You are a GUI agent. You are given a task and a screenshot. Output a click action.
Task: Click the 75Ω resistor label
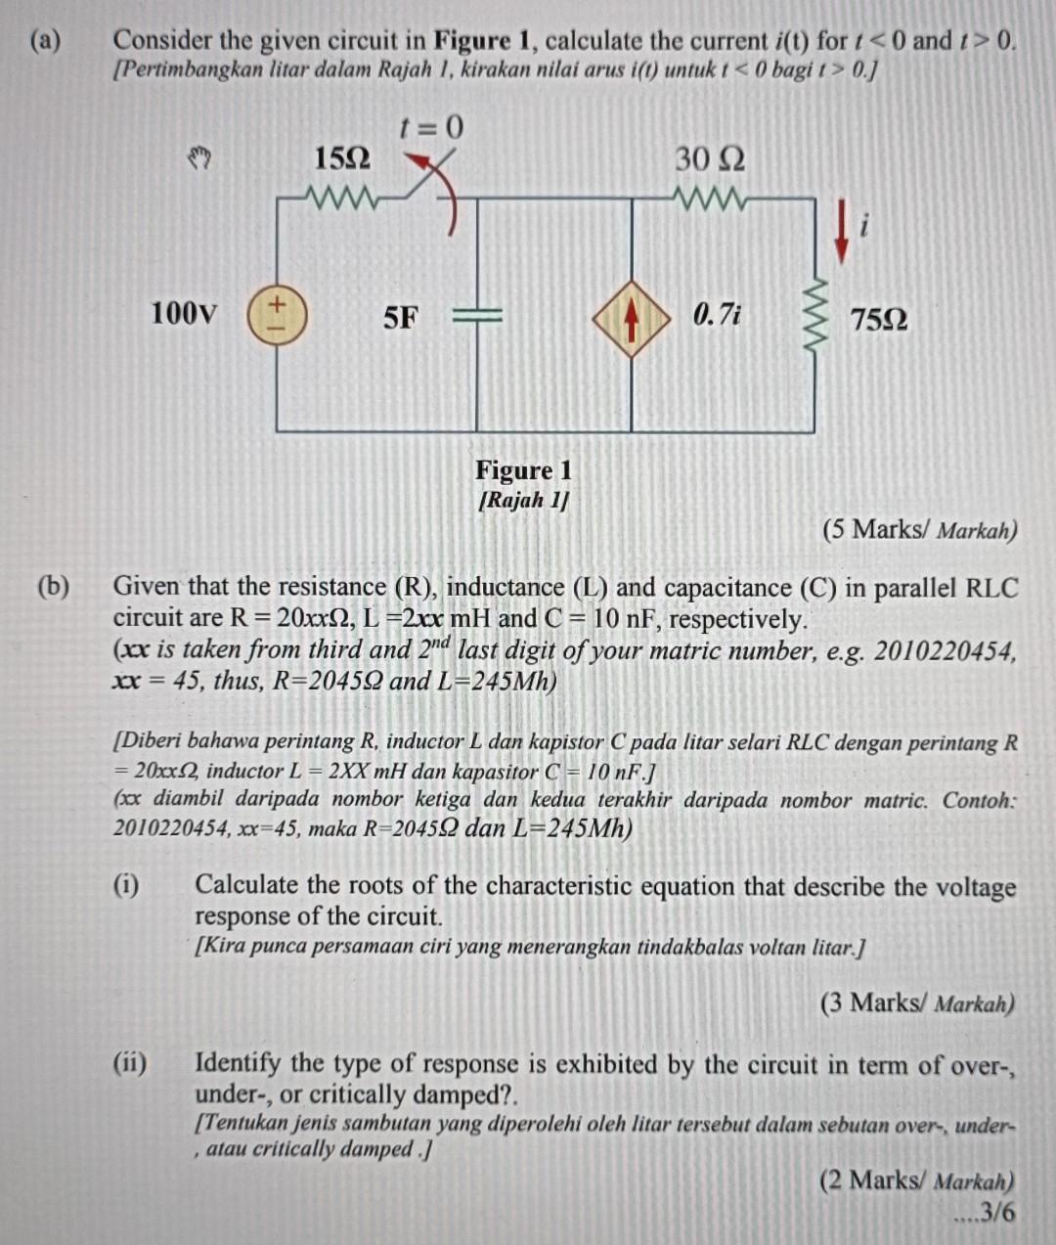tap(878, 320)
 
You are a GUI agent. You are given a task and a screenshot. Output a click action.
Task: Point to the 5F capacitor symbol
tap(476, 315)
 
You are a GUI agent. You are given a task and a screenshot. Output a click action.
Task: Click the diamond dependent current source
tap(632, 316)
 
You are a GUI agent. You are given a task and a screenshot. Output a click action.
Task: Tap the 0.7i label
tap(717, 315)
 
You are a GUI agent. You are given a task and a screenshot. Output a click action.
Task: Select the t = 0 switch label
tap(430, 127)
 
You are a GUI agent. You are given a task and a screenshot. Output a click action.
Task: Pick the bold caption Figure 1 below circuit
tap(524, 470)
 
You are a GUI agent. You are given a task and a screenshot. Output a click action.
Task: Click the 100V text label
tap(184, 314)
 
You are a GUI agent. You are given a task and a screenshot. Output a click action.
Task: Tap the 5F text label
tap(400, 317)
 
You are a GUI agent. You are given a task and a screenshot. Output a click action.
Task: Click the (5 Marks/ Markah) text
tap(919, 530)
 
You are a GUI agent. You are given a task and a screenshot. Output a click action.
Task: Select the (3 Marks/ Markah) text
tap(917, 1003)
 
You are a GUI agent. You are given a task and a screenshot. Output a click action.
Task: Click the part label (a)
tap(45, 41)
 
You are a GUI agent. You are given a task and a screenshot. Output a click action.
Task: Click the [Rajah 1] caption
tap(524, 501)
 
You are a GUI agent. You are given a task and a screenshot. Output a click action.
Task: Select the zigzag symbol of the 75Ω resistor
tap(814, 315)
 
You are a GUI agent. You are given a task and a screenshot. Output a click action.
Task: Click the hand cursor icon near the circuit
tap(200, 156)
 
